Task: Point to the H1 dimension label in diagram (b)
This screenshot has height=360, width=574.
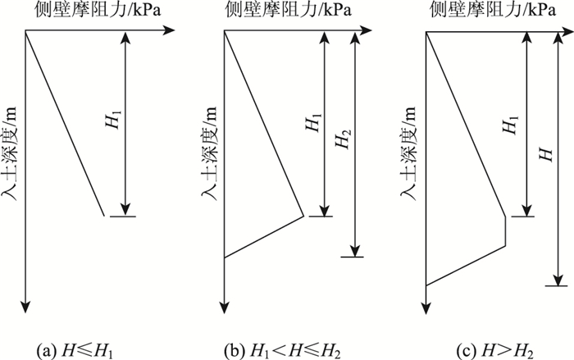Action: click(312, 123)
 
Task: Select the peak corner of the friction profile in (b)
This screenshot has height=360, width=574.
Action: click(303, 216)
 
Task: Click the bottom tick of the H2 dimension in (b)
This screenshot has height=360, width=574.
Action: click(352, 257)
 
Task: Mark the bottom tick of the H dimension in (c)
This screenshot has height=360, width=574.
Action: click(557, 285)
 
